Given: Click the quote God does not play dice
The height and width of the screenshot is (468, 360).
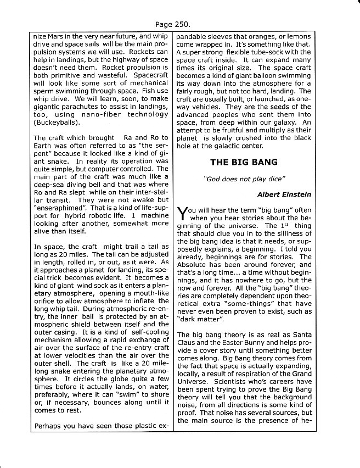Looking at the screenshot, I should tap(238, 179).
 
